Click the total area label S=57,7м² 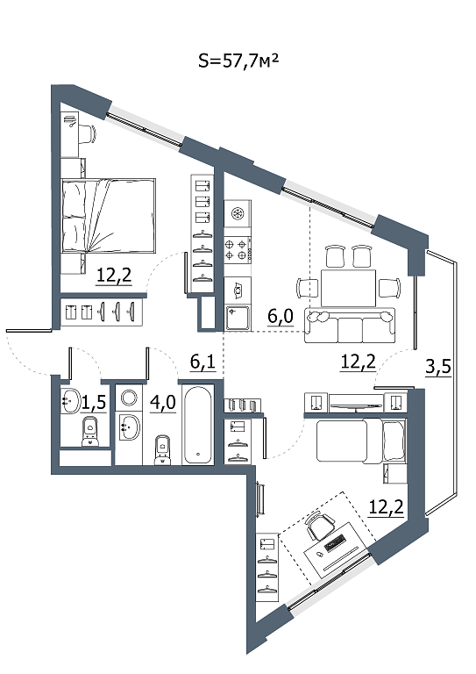pyautogui.click(x=238, y=61)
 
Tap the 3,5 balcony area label pyautogui.click(x=438, y=367)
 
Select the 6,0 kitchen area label pyautogui.click(x=281, y=317)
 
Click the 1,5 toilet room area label pyautogui.click(x=93, y=403)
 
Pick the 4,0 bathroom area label pyautogui.click(x=163, y=403)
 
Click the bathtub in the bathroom pyautogui.click(x=198, y=424)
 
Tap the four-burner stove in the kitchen pyautogui.click(x=238, y=250)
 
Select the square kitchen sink pyautogui.click(x=238, y=318)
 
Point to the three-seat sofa pyautogui.click(x=350, y=326)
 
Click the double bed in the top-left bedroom pyautogui.click(x=108, y=215)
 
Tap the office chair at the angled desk pyautogui.click(x=321, y=525)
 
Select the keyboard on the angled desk pyautogui.click(x=336, y=543)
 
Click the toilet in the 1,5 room pyautogui.click(x=90, y=431)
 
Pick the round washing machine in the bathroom pyautogui.click(x=128, y=398)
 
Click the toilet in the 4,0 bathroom pyautogui.click(x=162, y=449)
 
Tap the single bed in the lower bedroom pyautogui.click(x=360, y=441)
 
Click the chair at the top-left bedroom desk pyautogui.click(x=89, y=133)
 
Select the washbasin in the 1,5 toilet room pyautogui.click(x=70, y=400)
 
